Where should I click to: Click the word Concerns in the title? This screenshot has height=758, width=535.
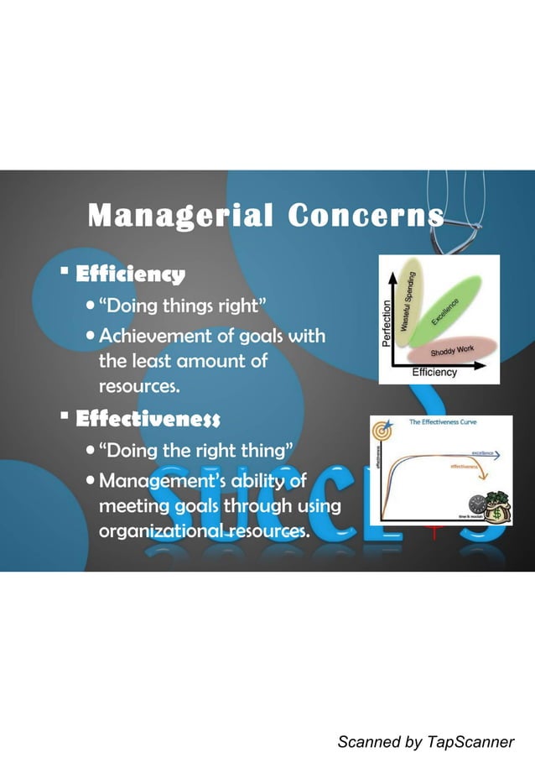366,217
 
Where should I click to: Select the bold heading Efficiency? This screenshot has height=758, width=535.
130,274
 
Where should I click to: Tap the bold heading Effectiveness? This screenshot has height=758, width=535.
148,418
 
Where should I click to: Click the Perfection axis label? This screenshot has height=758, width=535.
387,323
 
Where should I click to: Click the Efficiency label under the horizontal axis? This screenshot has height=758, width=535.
434,373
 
